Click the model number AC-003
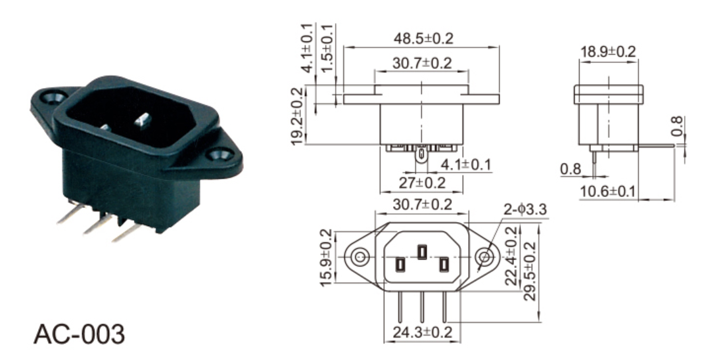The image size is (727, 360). pos(80,334)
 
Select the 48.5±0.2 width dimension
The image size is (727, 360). pos(423,39)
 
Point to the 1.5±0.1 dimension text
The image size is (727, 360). pos(327,48)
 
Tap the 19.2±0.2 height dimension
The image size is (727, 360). pos(298,116)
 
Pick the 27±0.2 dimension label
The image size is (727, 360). pos(422,183)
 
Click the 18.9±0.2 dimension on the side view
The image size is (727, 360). pos(608,51)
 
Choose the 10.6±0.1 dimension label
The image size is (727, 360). pos(607,191)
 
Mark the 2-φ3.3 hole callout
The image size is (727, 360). pos(525,210)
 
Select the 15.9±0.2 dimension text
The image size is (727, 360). pos(327,257)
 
